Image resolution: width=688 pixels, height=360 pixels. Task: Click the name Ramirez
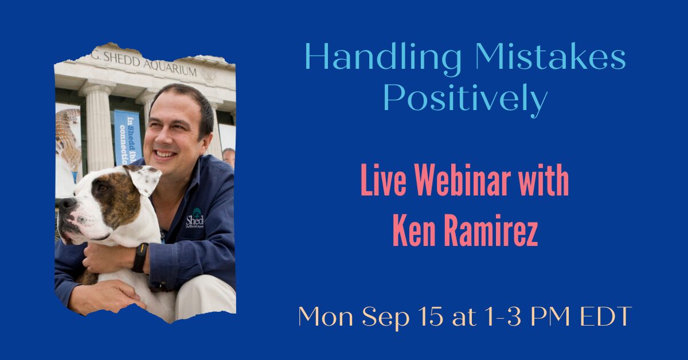(491, 230)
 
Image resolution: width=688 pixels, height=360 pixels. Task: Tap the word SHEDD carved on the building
(122, 59)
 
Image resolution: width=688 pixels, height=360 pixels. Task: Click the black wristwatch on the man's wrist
(140, 257)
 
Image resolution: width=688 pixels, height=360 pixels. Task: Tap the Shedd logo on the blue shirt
(194, 218)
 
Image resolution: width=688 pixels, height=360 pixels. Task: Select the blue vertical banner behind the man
(128, 138)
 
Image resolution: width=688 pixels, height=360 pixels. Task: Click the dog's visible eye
(103, 188)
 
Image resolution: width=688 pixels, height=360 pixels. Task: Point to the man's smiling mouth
(165, 154)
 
